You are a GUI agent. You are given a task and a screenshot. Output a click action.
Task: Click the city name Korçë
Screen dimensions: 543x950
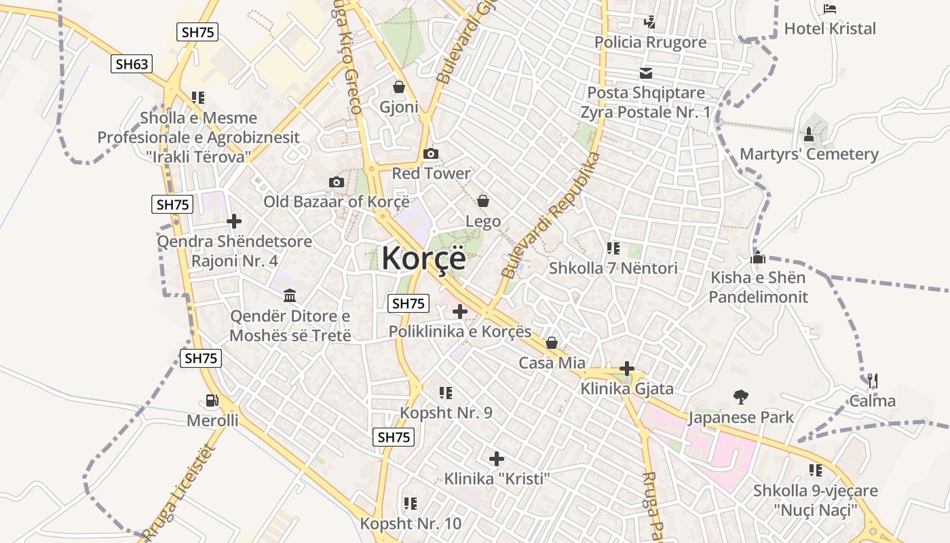click(424, 259)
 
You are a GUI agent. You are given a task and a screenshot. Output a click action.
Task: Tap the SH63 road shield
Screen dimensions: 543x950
click(132, 64)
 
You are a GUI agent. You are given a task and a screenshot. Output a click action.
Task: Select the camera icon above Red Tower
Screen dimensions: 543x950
click(431, 154)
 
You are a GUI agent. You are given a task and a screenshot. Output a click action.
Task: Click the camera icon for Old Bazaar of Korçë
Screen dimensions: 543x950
click(336, 182)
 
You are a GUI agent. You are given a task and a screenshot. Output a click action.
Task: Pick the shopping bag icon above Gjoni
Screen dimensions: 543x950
click(399, 87)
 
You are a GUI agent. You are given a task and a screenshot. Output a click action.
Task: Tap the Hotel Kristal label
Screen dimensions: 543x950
click(830, 29)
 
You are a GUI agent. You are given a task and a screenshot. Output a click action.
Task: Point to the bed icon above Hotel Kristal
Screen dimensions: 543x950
click(829, 9)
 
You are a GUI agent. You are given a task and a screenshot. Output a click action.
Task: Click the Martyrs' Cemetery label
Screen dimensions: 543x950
click(809, 154)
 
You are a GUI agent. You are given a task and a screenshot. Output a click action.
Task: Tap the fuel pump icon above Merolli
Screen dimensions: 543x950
click(212, 401)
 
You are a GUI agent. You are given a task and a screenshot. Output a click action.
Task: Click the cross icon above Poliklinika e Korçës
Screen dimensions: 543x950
click(460, 312)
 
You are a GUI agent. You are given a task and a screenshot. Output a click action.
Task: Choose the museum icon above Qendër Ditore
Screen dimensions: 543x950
click(290, 295)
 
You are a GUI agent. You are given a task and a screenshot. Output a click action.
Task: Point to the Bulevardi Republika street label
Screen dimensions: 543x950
click(550, 216)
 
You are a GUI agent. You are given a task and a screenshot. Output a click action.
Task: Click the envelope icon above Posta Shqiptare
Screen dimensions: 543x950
click(645, 73)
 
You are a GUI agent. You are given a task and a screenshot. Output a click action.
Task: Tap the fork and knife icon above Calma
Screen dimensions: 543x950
click(873, 381)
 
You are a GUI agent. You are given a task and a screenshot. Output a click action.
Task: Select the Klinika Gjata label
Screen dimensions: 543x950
click(627, 389)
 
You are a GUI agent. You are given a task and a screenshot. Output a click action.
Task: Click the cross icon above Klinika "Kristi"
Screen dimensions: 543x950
click(497, 459)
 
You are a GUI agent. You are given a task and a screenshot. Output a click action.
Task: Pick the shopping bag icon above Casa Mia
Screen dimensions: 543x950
click(552, 343)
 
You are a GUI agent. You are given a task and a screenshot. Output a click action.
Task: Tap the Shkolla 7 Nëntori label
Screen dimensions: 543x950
click(613, 268)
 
